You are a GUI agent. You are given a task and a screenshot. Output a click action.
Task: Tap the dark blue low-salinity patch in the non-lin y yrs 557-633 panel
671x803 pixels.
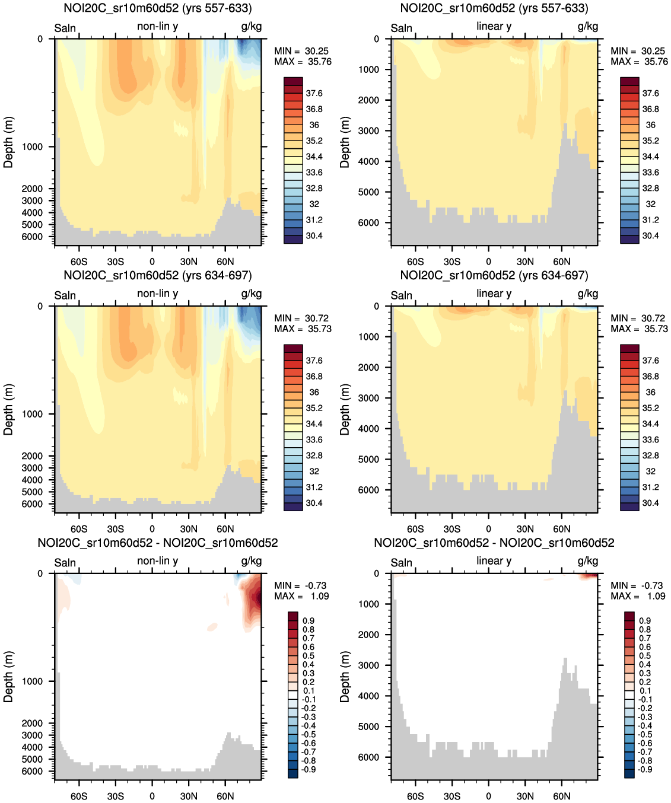[244, 46]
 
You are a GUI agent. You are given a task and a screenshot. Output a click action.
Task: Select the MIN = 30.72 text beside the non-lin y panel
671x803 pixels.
[301, 318]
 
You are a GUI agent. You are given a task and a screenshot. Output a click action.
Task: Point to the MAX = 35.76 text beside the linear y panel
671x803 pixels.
[638, 62]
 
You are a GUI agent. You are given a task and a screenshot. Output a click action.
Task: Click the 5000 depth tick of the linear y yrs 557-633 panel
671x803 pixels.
[368, 192]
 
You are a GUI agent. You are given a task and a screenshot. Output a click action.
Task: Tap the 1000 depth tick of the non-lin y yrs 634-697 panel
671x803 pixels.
[32, 414]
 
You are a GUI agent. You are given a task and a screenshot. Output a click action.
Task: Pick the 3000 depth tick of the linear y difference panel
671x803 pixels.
[368, 665]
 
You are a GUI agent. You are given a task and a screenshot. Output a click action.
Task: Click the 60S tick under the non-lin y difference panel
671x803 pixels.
[79, 796]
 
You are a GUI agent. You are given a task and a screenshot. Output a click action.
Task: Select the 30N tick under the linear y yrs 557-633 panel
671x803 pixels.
[525, 262]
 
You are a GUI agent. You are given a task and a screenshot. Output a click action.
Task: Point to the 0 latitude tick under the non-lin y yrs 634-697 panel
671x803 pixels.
[152, 529]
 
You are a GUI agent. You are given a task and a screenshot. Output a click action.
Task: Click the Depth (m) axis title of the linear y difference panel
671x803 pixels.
[345, 677]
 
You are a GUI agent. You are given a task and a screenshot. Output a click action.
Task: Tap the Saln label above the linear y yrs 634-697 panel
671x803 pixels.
[401, 295]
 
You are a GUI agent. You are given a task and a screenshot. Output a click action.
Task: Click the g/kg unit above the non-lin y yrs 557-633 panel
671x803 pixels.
[251, 27]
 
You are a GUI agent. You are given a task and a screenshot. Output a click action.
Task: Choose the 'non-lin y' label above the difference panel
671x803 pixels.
[157, 561]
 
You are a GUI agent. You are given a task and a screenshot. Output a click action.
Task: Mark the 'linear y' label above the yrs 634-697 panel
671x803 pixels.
[494, 294]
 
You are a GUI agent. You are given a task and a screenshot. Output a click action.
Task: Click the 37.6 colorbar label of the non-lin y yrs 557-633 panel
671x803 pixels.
[314, 93]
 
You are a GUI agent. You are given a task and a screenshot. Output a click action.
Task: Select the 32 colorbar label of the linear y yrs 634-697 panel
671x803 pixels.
[650, 471]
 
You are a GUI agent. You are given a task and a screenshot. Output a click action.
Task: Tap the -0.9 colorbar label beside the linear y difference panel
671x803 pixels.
[644, 769]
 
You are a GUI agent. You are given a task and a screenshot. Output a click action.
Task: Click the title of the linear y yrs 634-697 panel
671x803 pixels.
[494, 276]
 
